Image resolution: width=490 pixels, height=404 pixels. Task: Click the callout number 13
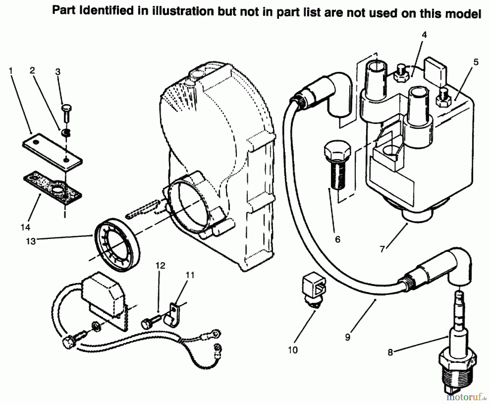[x=31, y=241]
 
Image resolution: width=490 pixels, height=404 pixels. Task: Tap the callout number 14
[x=25, y=227]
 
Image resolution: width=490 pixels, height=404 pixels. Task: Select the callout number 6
[x=338, y=239]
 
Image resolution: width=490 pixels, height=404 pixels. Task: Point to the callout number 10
[x=293, y=350]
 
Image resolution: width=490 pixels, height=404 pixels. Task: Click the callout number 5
[x=476, y=62]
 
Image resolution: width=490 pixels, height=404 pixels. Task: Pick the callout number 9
[x=347, y=337]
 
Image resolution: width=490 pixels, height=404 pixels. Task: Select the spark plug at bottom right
[x=457, y=362]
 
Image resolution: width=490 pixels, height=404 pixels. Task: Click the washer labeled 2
[x=66, y=133]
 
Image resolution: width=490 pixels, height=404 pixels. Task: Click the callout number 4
[x=424, y=35]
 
